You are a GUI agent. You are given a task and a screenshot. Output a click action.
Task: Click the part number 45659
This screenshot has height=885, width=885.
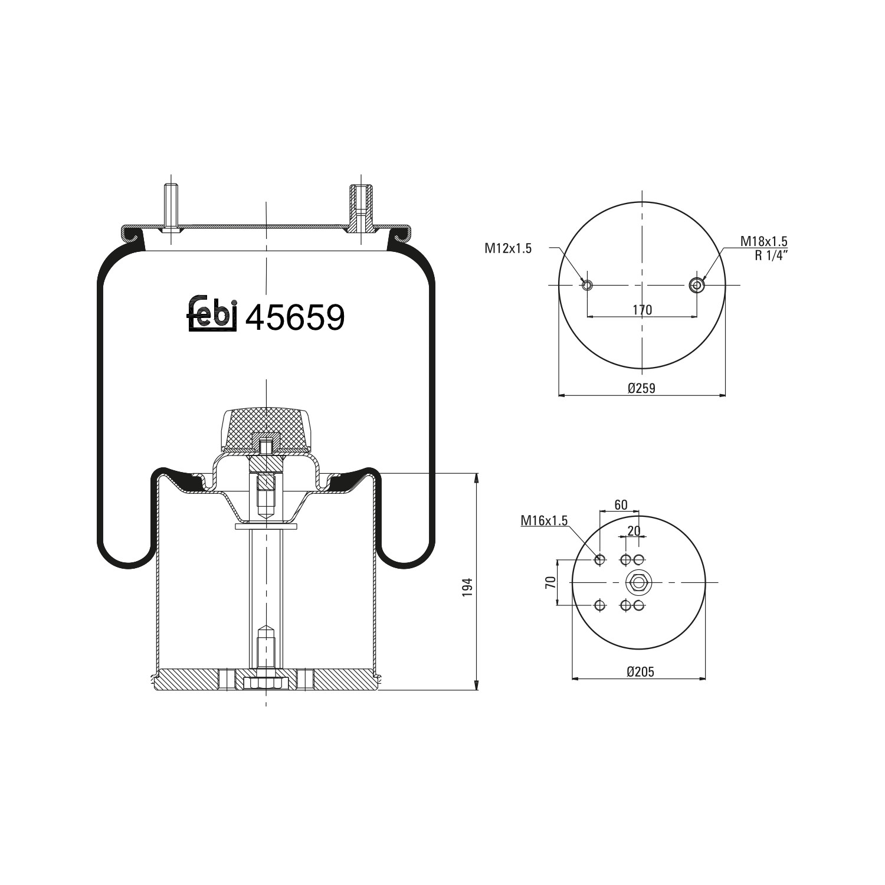click(294, 318)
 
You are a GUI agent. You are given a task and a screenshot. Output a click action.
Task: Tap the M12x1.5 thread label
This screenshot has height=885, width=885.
click(508, 248)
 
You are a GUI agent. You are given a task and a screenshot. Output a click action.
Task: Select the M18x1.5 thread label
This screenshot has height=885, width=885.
click(763, 241)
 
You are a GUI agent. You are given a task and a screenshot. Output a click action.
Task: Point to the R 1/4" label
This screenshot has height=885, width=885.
click(771, 255)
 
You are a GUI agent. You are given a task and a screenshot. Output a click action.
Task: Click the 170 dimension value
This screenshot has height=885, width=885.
click(642, 310)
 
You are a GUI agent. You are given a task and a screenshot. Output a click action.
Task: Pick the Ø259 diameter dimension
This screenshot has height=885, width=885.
click(641, 388)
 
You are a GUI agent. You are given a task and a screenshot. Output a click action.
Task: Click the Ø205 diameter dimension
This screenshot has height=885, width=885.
click(640, 671)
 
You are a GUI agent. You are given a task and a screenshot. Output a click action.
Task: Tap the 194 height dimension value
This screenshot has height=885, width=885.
click(468, 587)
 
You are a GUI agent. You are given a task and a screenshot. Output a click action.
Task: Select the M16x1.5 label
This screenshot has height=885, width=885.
click(543, 520)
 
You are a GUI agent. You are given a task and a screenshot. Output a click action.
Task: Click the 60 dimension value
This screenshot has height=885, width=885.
click(621, 505)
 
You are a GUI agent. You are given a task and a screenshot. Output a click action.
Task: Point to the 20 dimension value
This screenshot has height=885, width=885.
click(634, 530)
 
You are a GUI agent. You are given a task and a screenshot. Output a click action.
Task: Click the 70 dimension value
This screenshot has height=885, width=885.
click(550, 583)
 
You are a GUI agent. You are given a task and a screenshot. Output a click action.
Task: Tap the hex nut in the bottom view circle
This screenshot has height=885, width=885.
click(637, 583)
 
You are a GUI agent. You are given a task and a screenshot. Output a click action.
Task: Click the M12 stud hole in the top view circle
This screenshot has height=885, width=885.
click(587, 286)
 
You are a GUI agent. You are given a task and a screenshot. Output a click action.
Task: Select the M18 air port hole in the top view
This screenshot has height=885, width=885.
click(697, 286)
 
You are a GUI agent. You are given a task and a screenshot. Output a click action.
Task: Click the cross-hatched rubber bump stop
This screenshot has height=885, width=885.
click(266, 428)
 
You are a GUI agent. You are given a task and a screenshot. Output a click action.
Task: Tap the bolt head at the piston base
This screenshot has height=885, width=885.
click(265, 683)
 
